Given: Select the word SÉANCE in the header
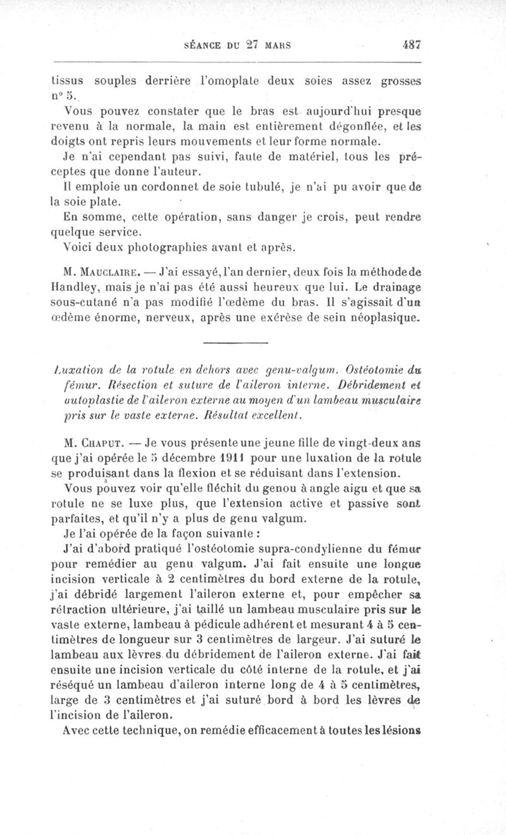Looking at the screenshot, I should click(x=202, y=46).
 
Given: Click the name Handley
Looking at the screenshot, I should click(x=72, y=290).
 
